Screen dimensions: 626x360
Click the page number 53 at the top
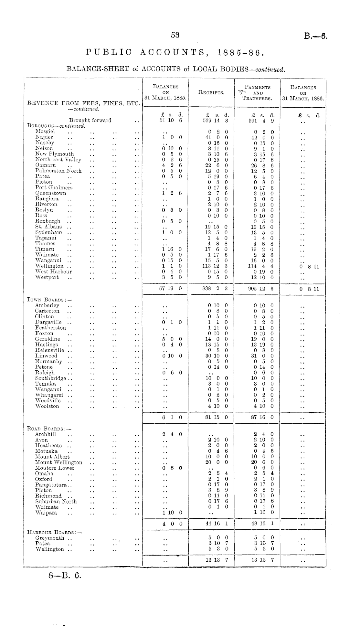(x=175, y=35)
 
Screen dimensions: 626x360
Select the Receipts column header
(x=212, y=92)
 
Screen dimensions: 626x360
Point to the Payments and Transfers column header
(x=257, y=93)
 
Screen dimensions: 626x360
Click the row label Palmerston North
(x=58, y=171)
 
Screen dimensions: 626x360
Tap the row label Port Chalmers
(x=54, y=188)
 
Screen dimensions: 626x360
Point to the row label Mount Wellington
(x=59, y=462)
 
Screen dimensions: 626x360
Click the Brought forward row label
(x=90, y=121)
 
